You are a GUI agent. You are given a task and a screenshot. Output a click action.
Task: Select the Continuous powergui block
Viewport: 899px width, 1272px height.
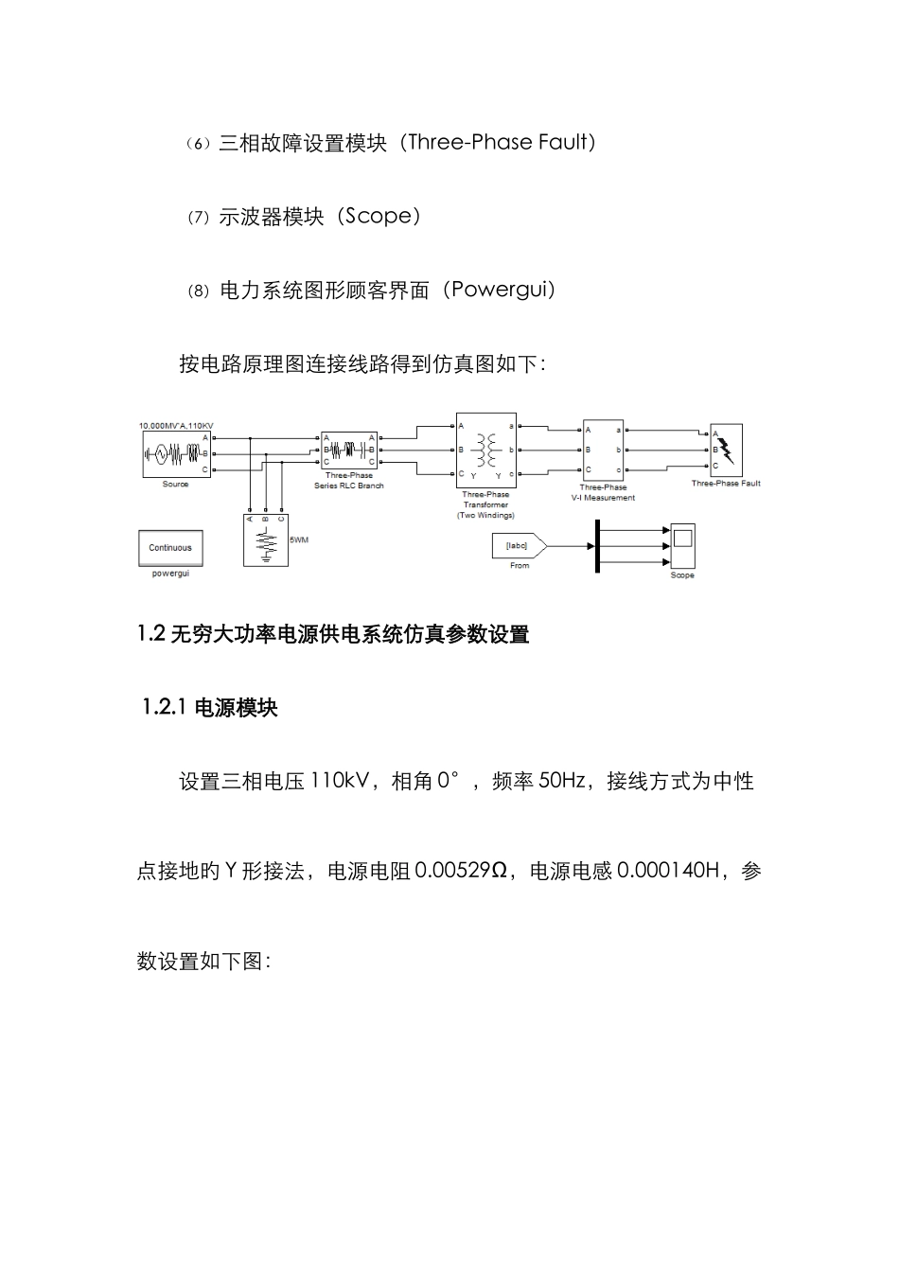(x=170, y=548)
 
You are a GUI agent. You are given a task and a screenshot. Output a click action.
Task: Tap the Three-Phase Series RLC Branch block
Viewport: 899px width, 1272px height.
(x=349, y=450)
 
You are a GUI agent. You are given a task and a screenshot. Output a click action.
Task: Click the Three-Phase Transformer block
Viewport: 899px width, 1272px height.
(x=486, y=450)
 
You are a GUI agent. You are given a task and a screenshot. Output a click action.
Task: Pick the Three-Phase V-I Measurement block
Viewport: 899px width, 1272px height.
(x=603, y=450)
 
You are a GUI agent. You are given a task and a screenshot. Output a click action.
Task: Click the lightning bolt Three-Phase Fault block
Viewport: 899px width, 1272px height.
(x=726, y=450)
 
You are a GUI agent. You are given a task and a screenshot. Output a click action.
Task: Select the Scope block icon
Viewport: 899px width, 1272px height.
(x=682, y=545)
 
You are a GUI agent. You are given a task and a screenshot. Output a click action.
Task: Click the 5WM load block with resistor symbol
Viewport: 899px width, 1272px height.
(x=266, y=540)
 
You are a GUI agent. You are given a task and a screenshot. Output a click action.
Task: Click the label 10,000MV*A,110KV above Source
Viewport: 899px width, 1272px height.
(x=176, y=425)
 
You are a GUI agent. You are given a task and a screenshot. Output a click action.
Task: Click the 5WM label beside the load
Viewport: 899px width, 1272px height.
(x=299, y=539)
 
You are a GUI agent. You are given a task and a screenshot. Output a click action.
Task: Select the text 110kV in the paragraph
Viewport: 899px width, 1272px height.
(x=340, y=781)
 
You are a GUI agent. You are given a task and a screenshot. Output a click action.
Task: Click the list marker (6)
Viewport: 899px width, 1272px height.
(x=196, y=144)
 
